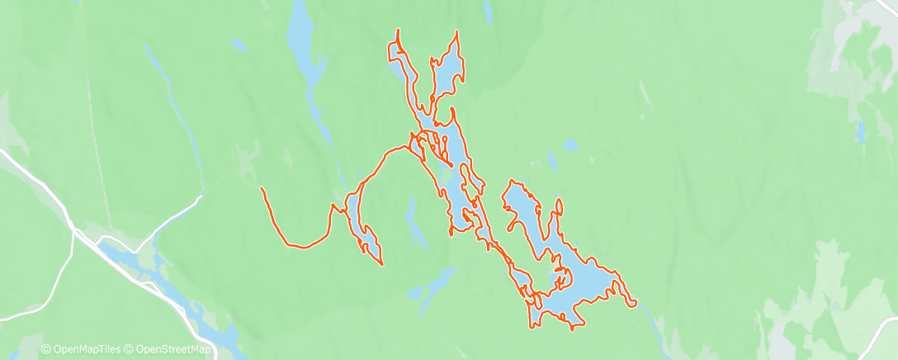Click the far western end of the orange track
[x=262, y=189]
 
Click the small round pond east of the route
[x=570, y=144]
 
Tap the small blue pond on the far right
[x=862, y=130]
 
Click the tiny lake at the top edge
[x=488, y=10]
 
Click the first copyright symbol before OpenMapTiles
[x=45, y=350]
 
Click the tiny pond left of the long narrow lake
[x=239, y=43]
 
